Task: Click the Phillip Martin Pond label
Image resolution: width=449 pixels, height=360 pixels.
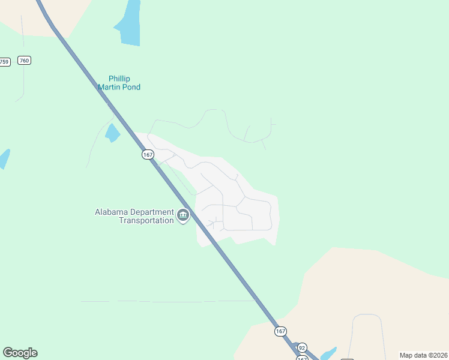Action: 119,83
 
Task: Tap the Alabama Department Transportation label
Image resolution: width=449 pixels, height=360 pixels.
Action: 134,216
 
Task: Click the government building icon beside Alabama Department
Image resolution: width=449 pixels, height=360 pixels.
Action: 184,215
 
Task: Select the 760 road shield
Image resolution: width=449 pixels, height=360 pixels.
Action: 24,61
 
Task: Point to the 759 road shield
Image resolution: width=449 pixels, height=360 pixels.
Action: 5,62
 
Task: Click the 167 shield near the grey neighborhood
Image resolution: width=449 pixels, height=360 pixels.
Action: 148,155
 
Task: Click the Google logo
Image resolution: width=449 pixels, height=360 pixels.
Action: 20,353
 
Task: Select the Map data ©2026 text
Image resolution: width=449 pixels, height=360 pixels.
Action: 423,355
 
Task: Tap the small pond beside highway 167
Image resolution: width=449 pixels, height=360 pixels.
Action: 112,133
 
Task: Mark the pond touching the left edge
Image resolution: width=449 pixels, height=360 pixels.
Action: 4,158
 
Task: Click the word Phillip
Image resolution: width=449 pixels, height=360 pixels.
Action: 119,79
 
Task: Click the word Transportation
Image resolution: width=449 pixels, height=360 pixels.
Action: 146,220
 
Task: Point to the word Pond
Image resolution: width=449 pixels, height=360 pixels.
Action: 130,87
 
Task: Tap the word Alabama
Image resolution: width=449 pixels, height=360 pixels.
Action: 112,212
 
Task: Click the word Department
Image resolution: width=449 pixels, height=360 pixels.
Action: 154,212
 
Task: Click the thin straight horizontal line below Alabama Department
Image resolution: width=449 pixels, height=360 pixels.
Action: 168,301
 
